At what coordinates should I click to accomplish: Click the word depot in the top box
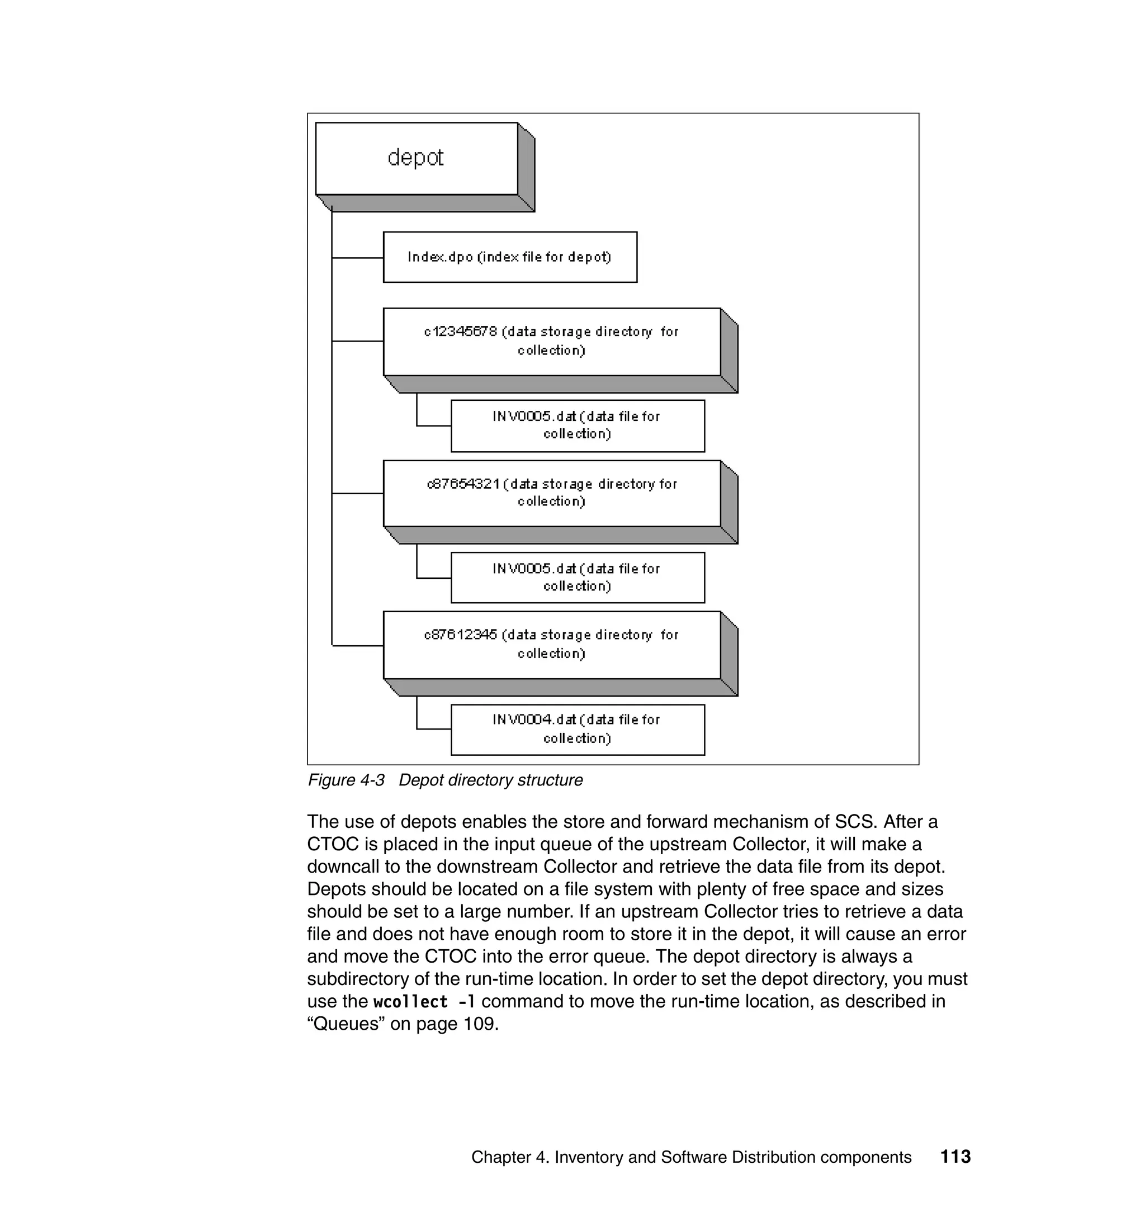point(415,158)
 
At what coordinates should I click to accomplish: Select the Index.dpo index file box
point(510,257)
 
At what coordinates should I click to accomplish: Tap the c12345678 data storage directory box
point(551,341)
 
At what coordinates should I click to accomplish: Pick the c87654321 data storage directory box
point(551,493)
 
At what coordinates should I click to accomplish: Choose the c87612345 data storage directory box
point(551,645)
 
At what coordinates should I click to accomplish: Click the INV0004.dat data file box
point(578,730)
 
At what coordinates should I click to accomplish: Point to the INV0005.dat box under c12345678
point(578,425)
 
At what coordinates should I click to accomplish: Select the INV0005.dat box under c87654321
point(578,577)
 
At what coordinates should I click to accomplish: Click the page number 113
point(955,1157)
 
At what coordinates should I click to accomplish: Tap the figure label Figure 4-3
point(346,780)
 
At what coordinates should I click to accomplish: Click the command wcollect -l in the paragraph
point(424,1001)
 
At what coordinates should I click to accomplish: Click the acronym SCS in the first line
point(855,821)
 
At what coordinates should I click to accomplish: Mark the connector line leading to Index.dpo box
point(358,258)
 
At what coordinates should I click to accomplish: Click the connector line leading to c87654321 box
point(358,493)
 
